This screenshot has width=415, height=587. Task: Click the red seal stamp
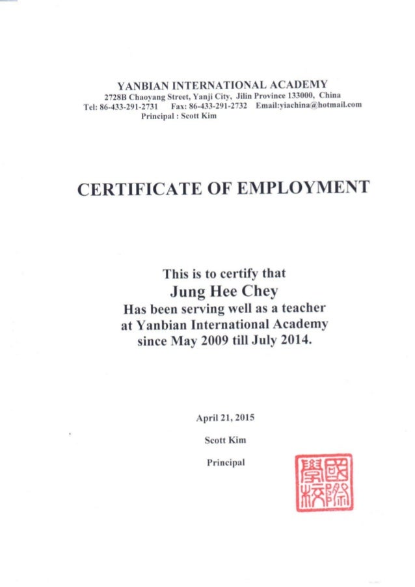(323, 482)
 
